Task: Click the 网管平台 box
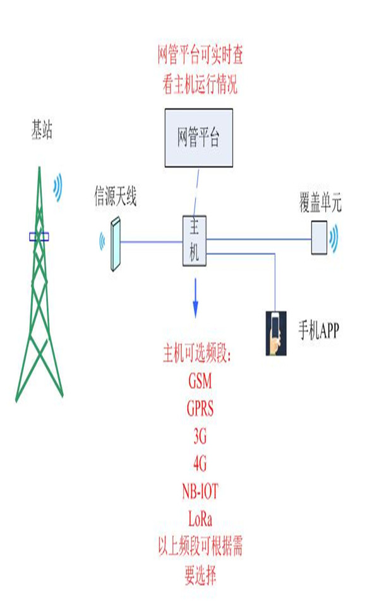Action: (x=198, y=137)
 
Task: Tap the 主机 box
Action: (x=194, y=239)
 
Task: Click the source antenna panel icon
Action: (x=114, y=244)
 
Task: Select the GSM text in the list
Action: (x=200, y=382)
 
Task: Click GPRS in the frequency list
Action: (x=200, y=408)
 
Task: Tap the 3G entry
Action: (x=200, y=436)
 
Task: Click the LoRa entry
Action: (x=200, y=520)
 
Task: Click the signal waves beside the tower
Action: (x=59, y=187)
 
